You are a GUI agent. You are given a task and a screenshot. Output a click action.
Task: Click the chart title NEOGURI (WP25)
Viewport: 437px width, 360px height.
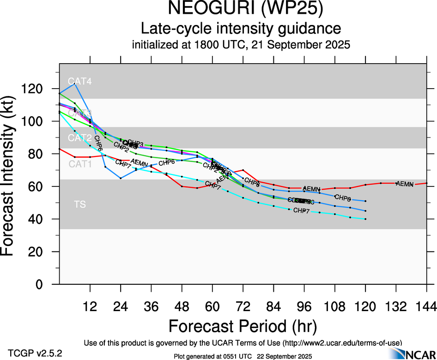click(241, 9)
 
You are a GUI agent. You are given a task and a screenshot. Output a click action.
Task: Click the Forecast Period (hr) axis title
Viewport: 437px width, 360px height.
click(243, 326)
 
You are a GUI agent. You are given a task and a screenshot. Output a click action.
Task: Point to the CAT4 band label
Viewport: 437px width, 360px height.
click(80, 82)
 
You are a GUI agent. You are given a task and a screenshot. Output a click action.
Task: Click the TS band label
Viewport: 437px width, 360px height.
click(80, 204)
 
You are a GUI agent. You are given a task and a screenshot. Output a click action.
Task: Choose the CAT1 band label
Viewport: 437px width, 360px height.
click(80, 164)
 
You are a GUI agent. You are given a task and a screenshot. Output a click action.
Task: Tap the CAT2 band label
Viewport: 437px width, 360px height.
click(80, 138)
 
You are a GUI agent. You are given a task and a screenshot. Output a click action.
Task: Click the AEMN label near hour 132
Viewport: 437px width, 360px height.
click(405, 184)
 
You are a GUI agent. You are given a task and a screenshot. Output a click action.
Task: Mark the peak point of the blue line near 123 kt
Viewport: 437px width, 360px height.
click(75, 84)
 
